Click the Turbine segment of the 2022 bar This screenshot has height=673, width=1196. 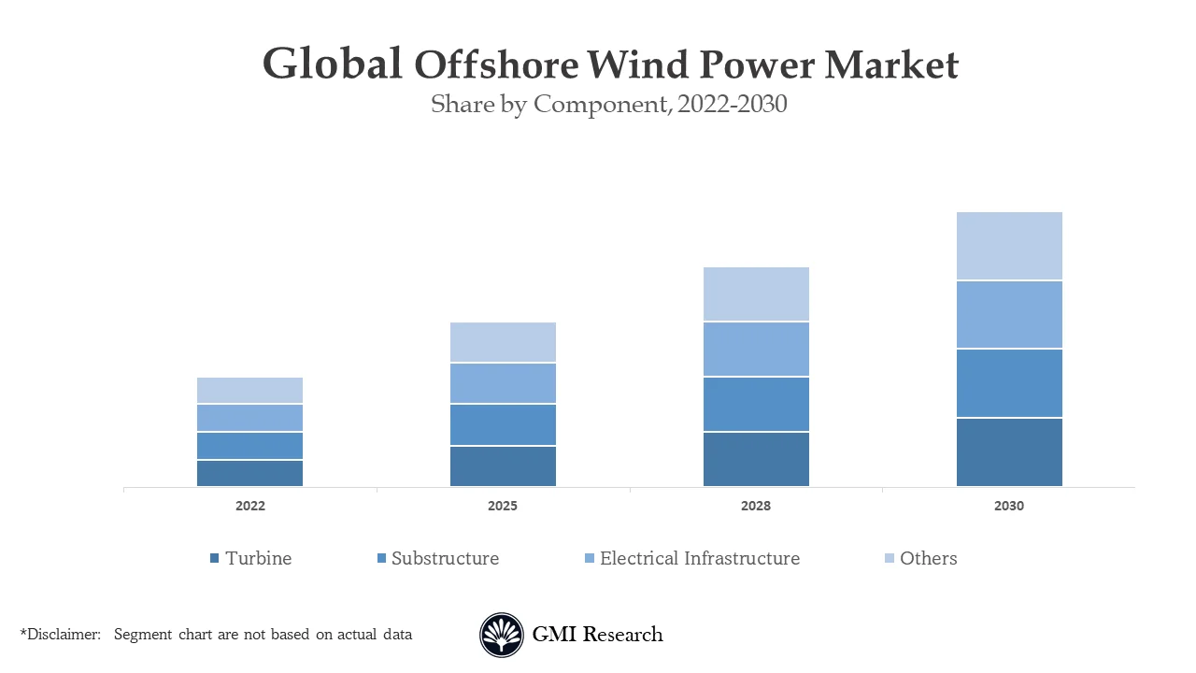(249, 473)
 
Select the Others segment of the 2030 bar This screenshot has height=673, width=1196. (1009, 246)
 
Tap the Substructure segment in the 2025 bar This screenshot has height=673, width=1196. (503, 424)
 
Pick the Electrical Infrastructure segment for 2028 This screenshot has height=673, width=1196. (756, 350)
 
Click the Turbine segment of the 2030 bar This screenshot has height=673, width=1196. (1009, 451)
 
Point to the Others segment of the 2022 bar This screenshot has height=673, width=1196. (249, 391)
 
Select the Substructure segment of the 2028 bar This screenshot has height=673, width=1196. (756, 404)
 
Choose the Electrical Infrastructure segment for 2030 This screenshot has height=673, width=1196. (1009, 315)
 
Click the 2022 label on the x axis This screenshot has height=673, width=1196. (249, 506)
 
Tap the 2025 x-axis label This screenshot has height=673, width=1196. (503, 506)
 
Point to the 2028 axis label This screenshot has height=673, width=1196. (756, 506)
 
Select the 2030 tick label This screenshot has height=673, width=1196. (1009, 506)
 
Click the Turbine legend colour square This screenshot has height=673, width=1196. (215, 559)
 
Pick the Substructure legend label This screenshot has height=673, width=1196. (445, 559)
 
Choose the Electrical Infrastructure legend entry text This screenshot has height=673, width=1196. (700, 559)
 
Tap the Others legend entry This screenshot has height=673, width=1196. (928, 559)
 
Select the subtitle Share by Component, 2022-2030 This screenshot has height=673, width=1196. (609, 105)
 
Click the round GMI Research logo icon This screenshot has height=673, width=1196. (502, 635)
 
